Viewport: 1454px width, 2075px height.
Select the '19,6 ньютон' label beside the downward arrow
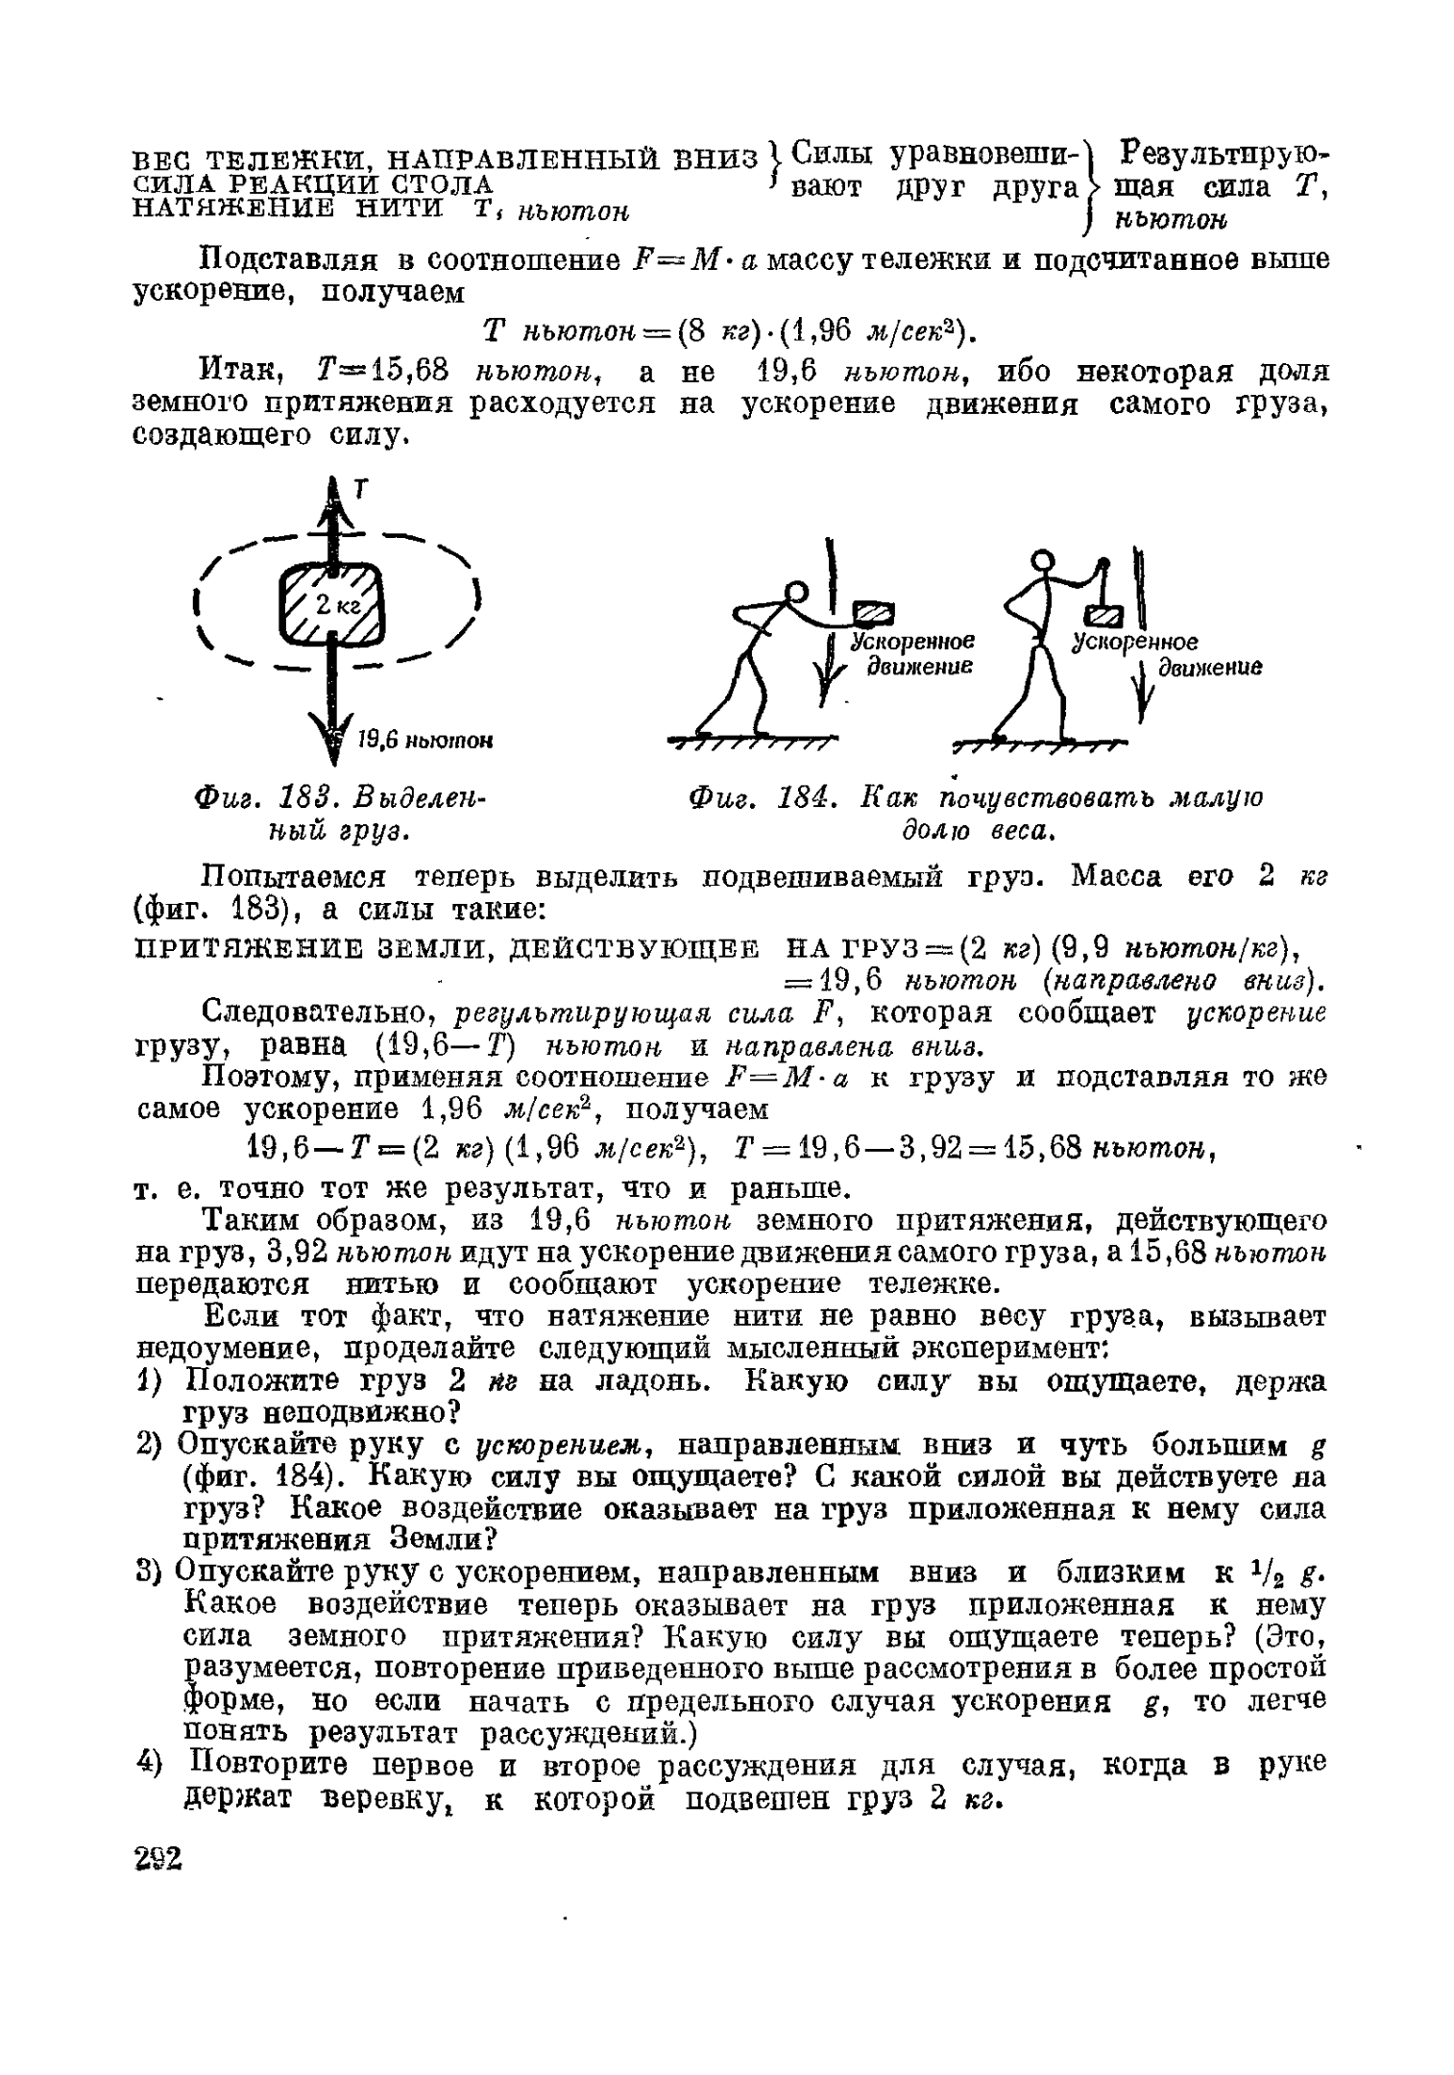coord(424,740)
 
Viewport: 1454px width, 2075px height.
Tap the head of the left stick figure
coord(797,593)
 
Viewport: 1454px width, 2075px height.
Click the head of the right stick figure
coord(1041,560)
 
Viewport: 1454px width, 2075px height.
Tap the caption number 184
coord(797,798)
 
